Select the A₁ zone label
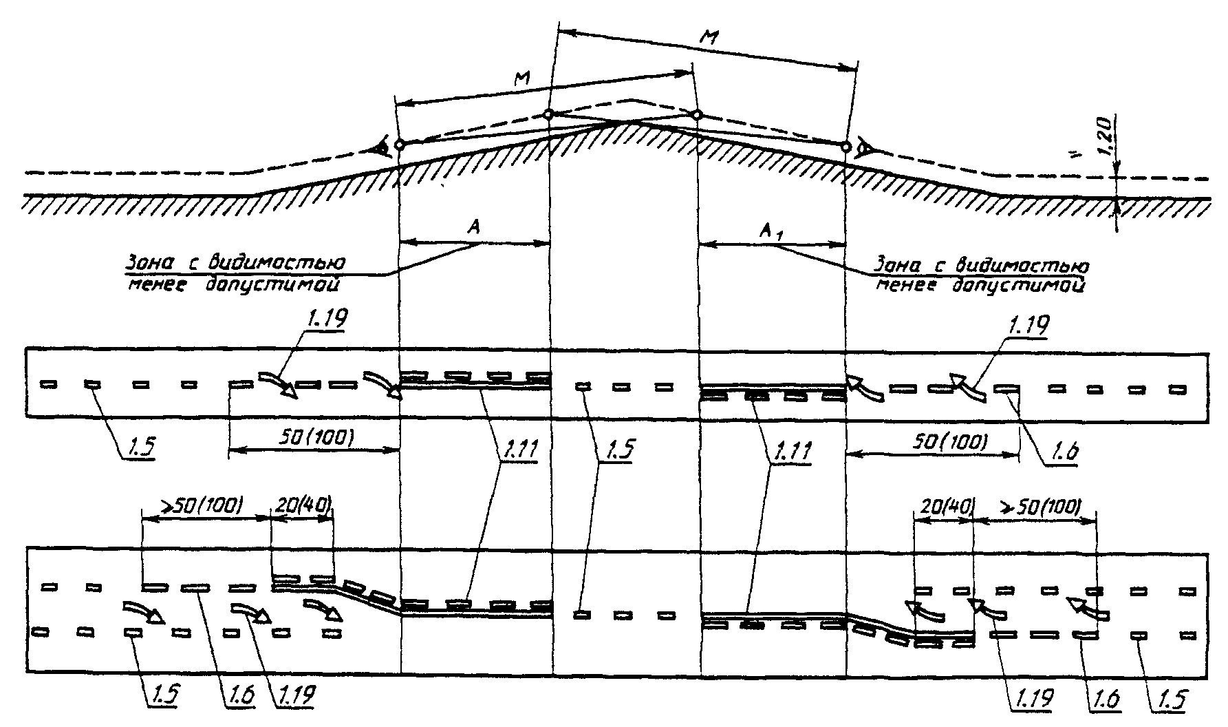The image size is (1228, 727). click(770, 233)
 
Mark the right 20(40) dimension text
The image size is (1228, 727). click(943, 507)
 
